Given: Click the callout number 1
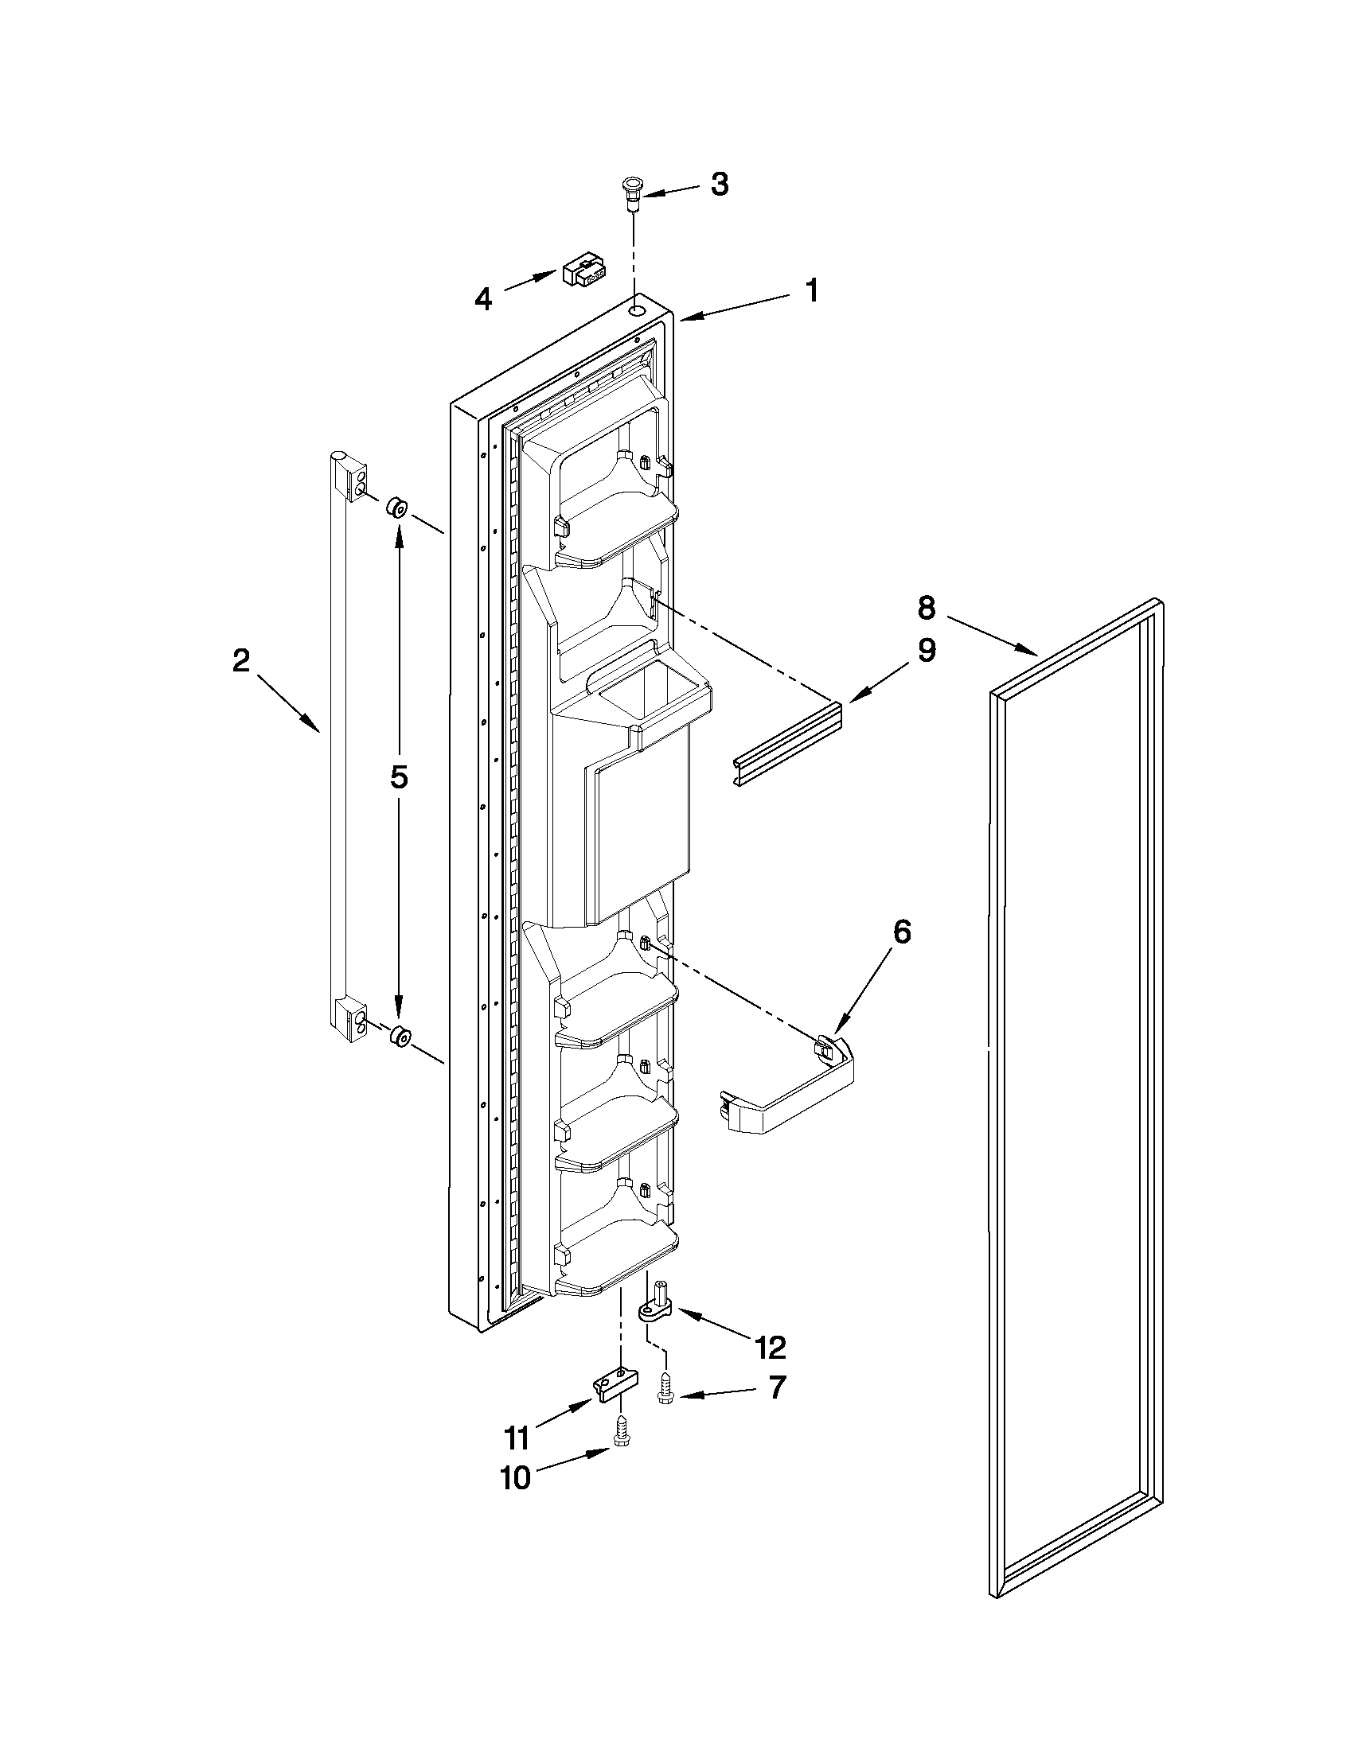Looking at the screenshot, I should click(812, 290).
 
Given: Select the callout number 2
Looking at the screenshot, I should click(240, 662).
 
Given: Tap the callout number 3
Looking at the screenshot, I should click(720, 185).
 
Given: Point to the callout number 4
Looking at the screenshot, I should click(482, 300).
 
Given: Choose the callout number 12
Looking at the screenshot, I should click(769, 1348).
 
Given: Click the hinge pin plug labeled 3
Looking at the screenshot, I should click(633, 195).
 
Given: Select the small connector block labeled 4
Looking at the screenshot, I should click(583, 272).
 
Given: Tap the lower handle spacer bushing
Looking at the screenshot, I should click(398, 1036).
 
